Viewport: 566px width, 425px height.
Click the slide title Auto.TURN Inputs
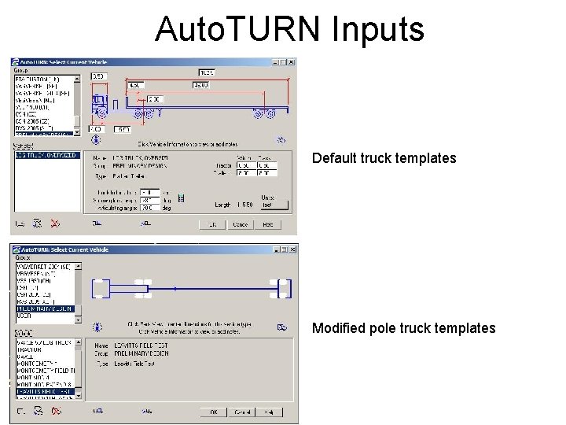(289, 29)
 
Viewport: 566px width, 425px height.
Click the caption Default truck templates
(384, 158)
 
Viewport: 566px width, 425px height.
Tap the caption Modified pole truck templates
(403, 328)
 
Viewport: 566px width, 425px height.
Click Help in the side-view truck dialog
(268, 224)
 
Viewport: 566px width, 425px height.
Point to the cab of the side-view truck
(100, 101)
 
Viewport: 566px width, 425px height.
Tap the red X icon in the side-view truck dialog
(54, 224)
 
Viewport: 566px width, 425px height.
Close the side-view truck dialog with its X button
(291, 62)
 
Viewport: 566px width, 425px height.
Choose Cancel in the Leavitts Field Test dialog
(242, 412)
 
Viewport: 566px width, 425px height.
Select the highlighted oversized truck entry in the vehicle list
(46, 155)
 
